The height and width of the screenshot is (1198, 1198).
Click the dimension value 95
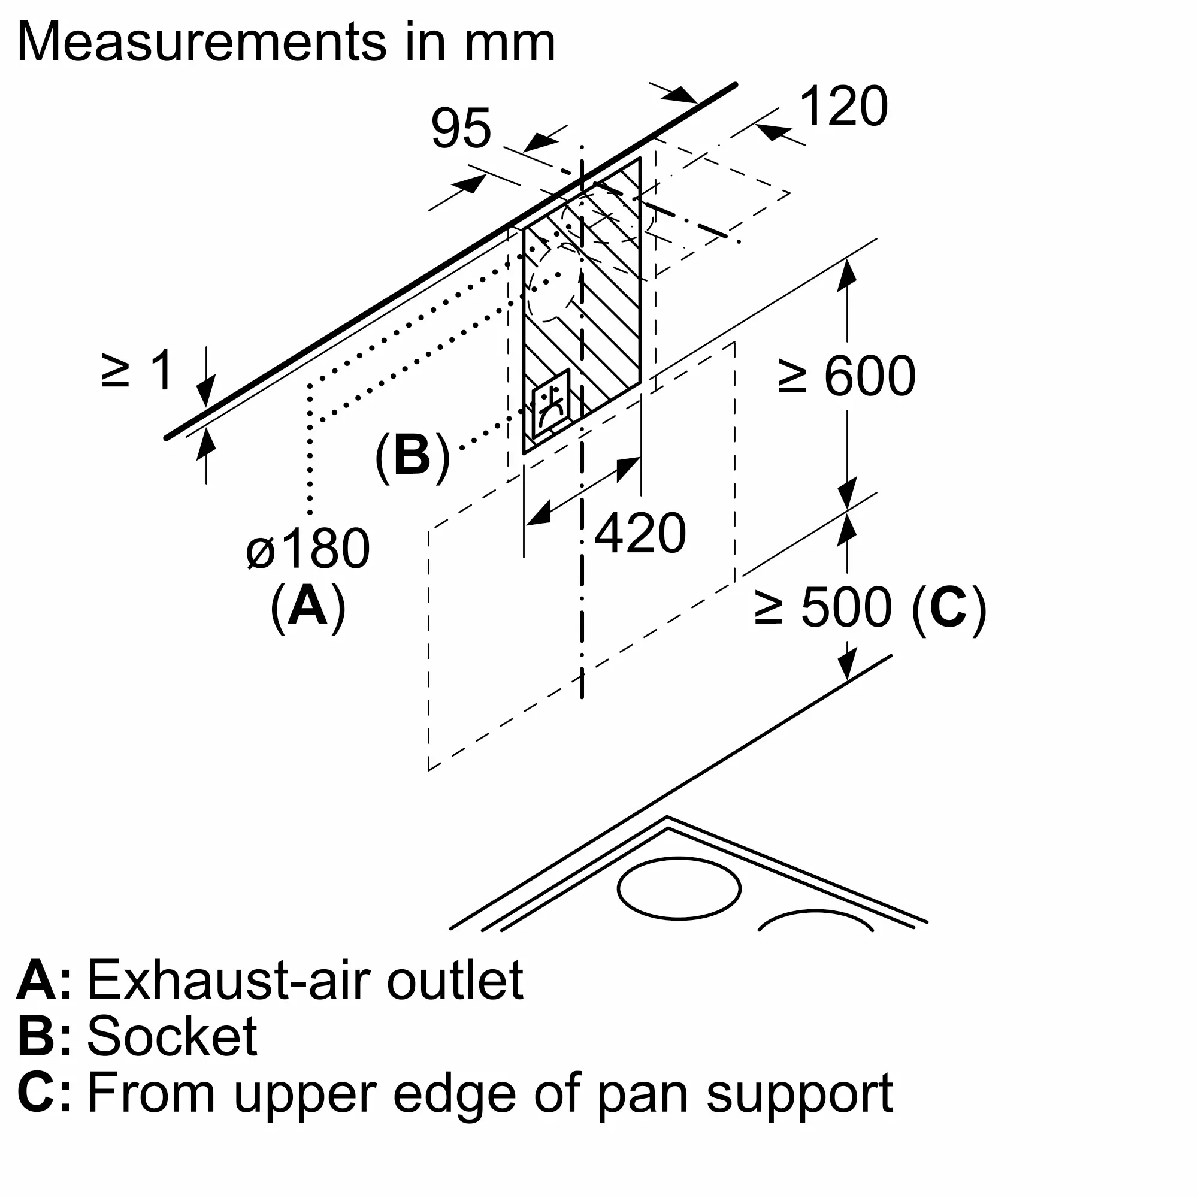click(x=461, y=128)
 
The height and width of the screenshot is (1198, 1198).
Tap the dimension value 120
click(x=844, y=107)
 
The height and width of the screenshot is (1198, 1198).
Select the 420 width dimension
click(x=639, y=533)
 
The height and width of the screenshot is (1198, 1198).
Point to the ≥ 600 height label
click(x=847, y=376)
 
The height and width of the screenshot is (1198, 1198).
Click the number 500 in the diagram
click(x=846, y=607)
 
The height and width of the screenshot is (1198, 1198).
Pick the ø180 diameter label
click(x=308, y=549)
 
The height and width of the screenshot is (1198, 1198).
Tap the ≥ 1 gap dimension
click(x=138, y=371)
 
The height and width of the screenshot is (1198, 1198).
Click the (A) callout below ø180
click(x=308, y=607)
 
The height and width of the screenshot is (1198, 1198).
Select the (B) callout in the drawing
click(x=412, y=457)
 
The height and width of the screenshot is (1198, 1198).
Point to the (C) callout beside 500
click(x=949, y=607)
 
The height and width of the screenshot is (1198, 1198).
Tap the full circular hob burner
click(x=679, y=888)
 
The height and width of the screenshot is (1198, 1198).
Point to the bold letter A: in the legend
click(x=43, y=981)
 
